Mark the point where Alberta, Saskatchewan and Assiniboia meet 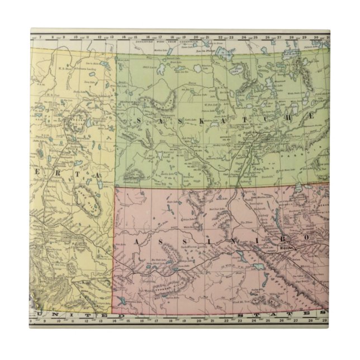click(115, 187)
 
